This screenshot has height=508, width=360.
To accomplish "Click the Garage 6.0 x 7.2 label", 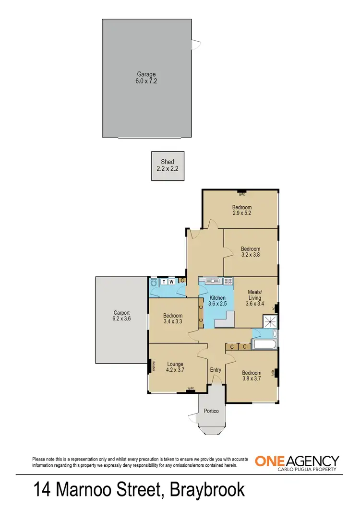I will (146, 78).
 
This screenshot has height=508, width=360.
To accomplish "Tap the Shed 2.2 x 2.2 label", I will (168, 165).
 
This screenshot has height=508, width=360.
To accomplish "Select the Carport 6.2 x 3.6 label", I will (121, 315).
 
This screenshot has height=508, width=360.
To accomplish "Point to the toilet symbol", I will (154, 283).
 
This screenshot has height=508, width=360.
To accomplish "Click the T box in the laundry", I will (164, 282).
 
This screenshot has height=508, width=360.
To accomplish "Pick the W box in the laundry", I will (172, 282).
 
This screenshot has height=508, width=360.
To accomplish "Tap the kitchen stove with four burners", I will (227, 281).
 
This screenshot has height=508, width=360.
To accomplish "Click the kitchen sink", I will (212, 281).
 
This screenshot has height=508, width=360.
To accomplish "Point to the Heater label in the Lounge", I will (154, 366).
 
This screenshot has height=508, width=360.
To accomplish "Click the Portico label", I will (211, 411).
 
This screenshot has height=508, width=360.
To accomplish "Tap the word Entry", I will (216, 369).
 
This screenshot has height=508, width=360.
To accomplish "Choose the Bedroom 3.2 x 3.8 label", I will (251, 252).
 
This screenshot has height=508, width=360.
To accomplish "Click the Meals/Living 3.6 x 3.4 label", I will (255, 297).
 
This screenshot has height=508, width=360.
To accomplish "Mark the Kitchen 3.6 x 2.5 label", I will (217, 301).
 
